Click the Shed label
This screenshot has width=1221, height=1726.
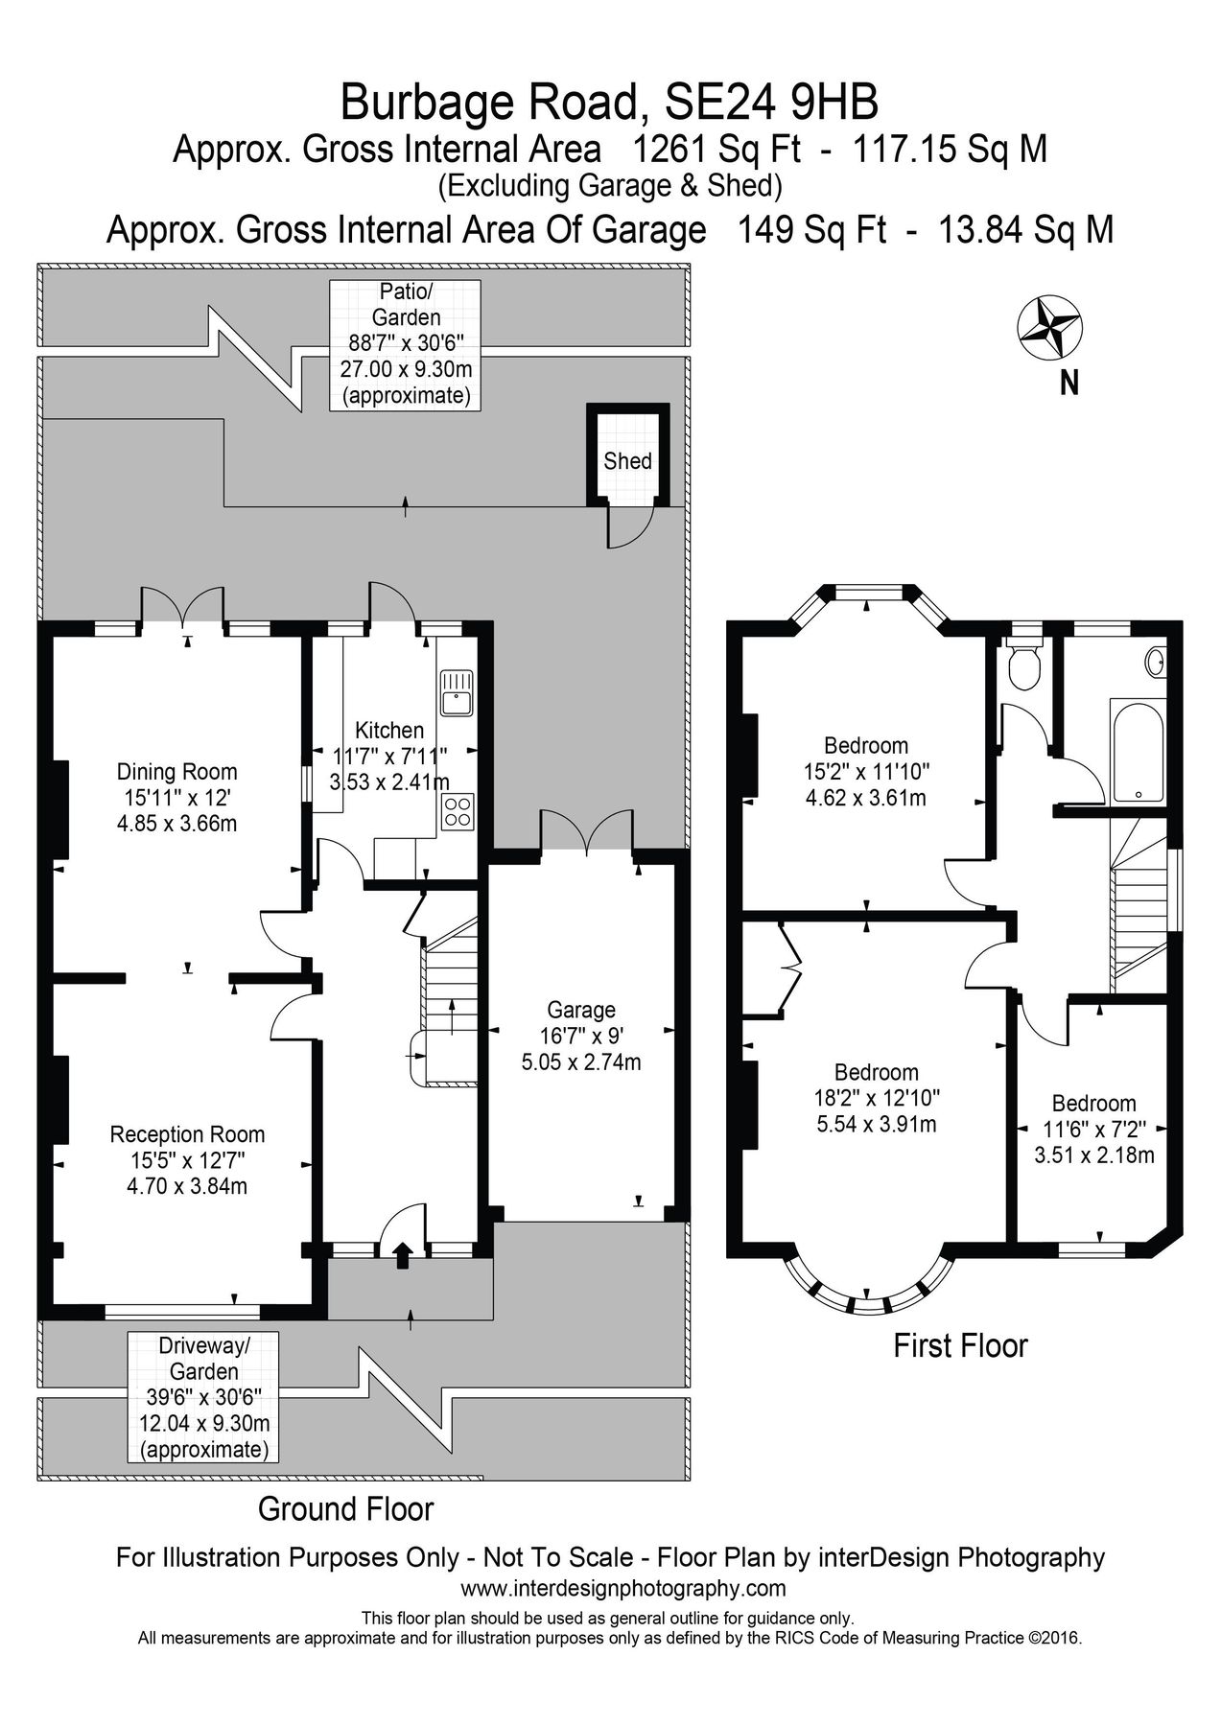pos(627,461)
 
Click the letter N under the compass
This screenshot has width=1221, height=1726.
pos(1068,384)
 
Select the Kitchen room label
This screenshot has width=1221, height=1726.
pos(388,730)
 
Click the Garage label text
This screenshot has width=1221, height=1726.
pos(581,1010)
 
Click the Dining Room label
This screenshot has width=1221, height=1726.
pos(176,771)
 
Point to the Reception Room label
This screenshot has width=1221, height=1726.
pos(187,1134)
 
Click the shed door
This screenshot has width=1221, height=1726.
pos(629,529)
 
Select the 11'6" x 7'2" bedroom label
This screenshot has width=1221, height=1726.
pos(1093,1130)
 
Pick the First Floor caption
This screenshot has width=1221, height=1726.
pos(960,1345)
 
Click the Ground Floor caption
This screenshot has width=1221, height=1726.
pos(345,1509)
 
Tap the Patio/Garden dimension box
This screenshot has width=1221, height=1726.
pos(405,343)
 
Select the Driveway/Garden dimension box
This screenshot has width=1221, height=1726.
pos(203,1396)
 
